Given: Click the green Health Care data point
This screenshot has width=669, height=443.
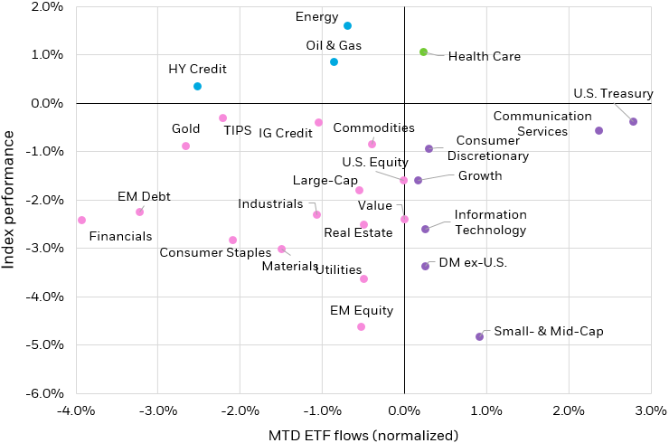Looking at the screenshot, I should [x=423, y=52].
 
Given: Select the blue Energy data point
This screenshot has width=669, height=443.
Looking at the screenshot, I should [x=347, y=26].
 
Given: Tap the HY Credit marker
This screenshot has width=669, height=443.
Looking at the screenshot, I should [x=197, y=86].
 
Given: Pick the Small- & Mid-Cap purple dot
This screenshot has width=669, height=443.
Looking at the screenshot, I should [x=479, y=336].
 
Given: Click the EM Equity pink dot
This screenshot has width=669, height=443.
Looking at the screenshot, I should [x=361, y=326].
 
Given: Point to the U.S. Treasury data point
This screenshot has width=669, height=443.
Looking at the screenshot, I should [x=633, y=121].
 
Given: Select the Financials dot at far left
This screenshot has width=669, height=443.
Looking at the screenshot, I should [x=81, y=220].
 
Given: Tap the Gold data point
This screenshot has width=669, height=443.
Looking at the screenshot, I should [x=185, y=146].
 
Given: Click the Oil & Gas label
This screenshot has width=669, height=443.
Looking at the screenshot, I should [x=334, y=45].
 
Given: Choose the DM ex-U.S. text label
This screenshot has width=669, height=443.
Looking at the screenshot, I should [x=473, y=263].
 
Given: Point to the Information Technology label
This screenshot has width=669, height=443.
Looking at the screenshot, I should [x=490, y=222].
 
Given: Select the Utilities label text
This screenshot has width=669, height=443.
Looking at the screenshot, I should [x=339, y=269].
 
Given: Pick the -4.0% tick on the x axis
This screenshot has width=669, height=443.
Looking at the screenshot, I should [x=75, y=412].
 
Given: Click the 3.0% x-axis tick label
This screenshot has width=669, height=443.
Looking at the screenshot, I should [x=650, y=412].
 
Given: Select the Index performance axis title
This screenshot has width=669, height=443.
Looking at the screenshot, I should [x=11, y=199].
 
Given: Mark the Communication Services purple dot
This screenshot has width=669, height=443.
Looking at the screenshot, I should [x=598, y=130].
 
